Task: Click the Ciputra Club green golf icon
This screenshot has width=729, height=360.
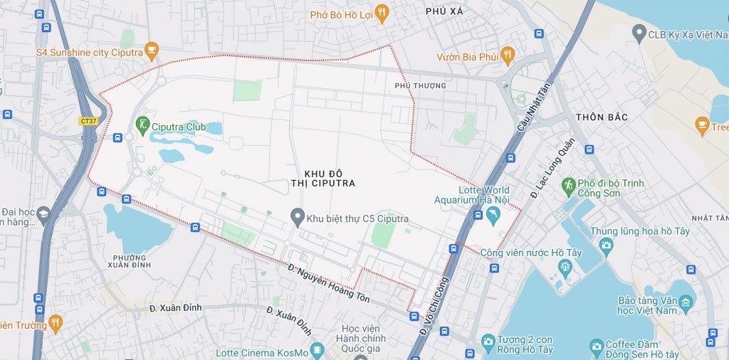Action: pos(142,127)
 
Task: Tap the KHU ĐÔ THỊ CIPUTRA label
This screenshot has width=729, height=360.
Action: pos(329,178)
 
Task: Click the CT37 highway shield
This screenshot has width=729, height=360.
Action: pos(88,121)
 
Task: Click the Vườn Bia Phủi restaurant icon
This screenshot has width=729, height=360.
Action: pos(507,54)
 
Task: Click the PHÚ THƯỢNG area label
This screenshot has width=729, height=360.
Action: pos(420,86)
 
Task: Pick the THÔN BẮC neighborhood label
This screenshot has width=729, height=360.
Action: pos(602,117)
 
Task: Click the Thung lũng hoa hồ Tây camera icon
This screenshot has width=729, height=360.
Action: pos(606,245)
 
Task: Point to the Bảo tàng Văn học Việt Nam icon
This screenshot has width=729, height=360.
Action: pos(686,304)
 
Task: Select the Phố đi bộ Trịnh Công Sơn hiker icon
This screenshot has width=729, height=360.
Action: pos(567,186)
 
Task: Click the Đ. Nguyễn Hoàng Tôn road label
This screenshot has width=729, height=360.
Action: pos(329,284)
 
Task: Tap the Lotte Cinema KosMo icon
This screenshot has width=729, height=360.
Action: pos(317,350)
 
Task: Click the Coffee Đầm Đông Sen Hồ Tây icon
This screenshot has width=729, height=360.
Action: pos(597,348)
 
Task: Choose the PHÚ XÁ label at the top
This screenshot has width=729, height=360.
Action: pos(444,11)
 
